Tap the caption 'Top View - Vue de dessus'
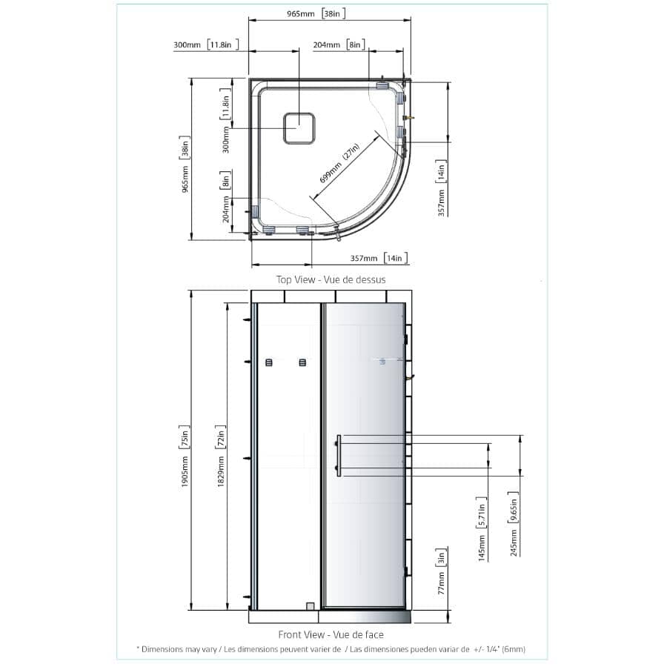point(331,279)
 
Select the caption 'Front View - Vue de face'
point(331,634)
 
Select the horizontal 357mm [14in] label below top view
point(379,258)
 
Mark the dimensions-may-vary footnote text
point(331,649)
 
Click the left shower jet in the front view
point(269,362)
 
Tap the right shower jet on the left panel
point(302,362)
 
